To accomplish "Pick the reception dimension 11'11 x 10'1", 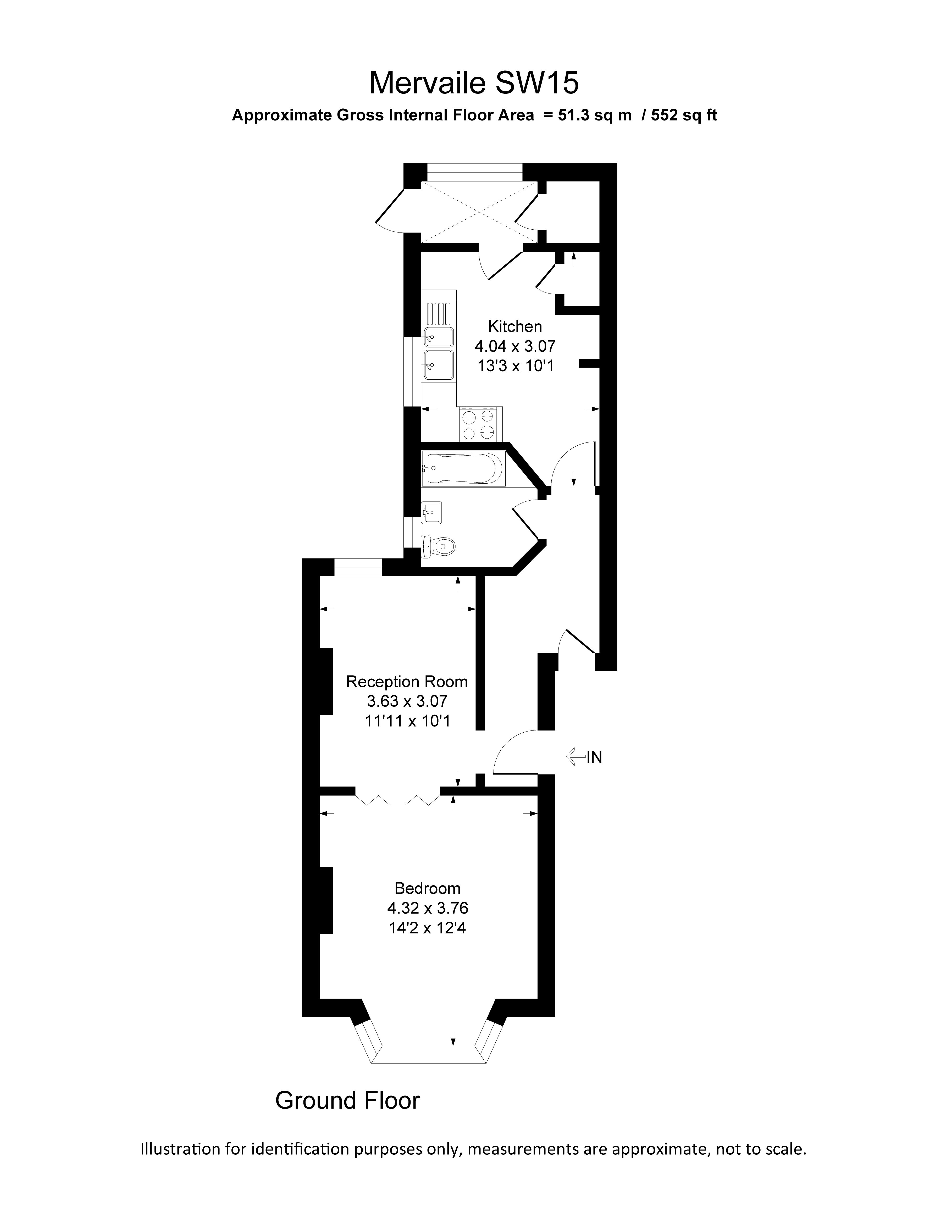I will click(407, 721).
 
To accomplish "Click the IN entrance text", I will click(594, 758).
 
